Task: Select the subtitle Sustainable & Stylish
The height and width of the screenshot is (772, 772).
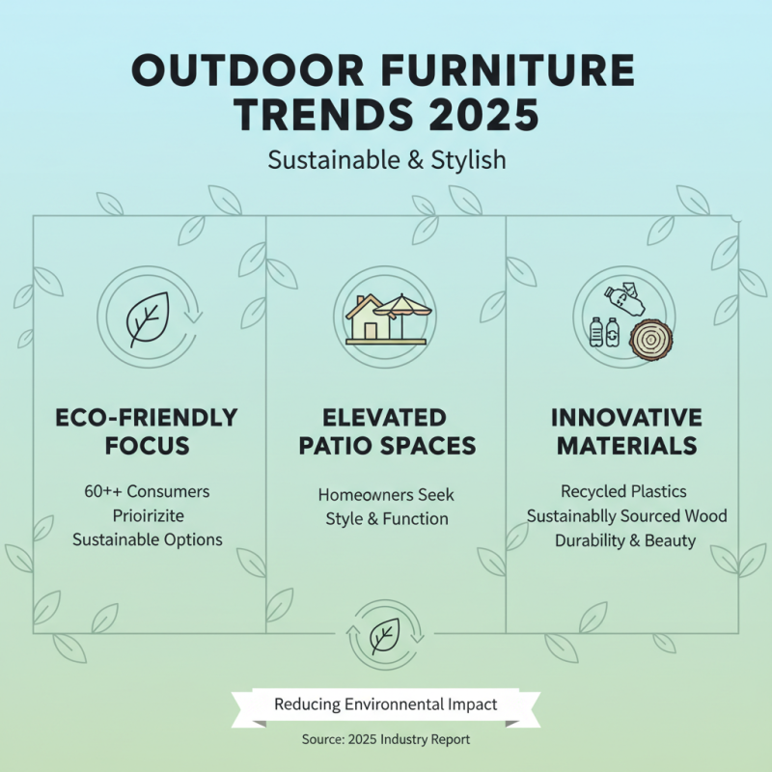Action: pyautogui.click(x=386, y=159)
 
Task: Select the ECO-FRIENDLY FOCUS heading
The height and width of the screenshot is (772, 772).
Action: pyautogui.click(x=148, y=431)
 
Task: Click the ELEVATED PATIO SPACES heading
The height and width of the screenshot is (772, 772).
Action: pyautogui.click(x=386, y=431)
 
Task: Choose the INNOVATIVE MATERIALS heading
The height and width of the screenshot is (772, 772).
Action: pyautogui.click(x=624, y=431)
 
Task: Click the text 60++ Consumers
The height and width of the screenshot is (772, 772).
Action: pyautogui.click(x=148, y=491)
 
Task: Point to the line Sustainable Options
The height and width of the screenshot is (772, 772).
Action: pyautogui.click(x=148, y=539)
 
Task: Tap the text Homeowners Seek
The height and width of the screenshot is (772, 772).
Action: pyautogui.click(x=386, y=494)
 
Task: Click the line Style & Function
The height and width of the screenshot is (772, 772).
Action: pyautogui.click(x=386, y=518)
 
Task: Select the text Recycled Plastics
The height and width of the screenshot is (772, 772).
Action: pyautogui.click(x=624, y=492)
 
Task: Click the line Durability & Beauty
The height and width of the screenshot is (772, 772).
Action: pyautogui.click(x=624, y=540)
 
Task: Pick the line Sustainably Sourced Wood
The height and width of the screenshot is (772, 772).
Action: pyautogui.click(x=626, y=516)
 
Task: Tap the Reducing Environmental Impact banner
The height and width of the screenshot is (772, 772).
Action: pyautogui.click(x=386, y=704)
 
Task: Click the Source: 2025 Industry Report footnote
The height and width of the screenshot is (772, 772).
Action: pyautogui.click(x=386, y=739)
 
